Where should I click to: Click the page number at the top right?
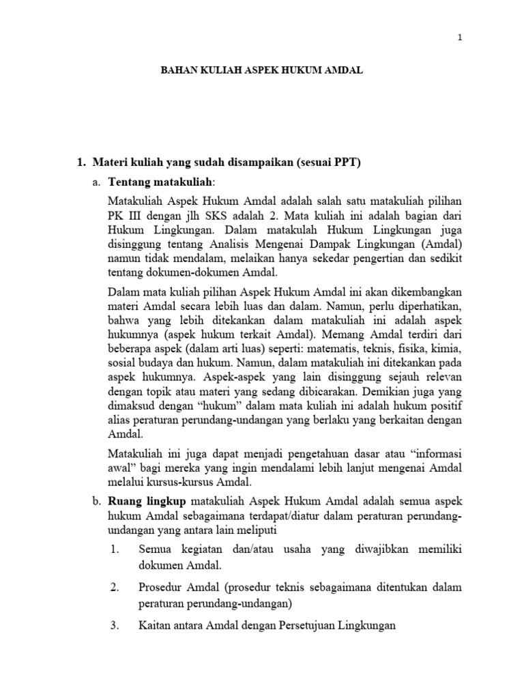coord(460,39)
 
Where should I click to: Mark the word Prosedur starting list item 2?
coord(160,587)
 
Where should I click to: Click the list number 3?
coord(115,626)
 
